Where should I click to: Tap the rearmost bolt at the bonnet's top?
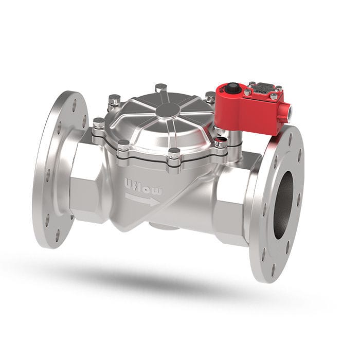pyautogui.click(x=161, y=87)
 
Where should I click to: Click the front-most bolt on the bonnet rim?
pyautogui.click(x=174, y=153)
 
